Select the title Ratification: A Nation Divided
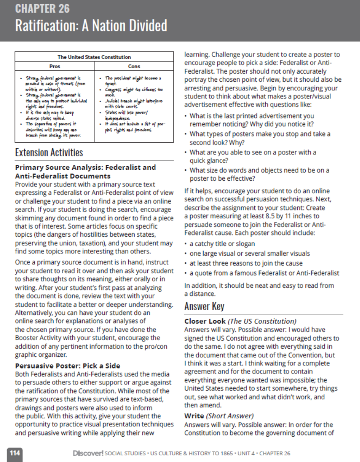[91, 26]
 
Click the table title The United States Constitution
[94, 57]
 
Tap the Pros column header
[54, 66]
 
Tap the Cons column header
[134, 66]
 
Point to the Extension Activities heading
[49, 152]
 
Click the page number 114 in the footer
[15, 453]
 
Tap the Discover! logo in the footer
[88, 453]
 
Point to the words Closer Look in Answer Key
[205, 321]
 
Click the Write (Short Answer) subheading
[219, 415]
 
